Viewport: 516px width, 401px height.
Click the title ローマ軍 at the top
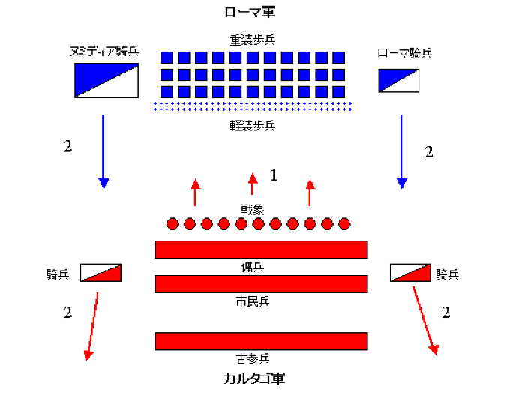pos(253,12)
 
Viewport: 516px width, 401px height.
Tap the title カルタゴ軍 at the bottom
pos(254,378)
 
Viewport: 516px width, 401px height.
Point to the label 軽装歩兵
pos(253,125)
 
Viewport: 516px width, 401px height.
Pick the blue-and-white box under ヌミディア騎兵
pos(106,80)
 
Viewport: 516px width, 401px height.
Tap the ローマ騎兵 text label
pos(406,53)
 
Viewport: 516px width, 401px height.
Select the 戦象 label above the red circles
pos(253,210)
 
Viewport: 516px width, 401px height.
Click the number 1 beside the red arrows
pos(274,175)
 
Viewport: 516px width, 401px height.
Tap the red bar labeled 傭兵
pos(261,250)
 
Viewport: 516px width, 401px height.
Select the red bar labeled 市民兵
pos(261,284)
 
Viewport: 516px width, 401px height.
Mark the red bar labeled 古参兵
pos(261,341)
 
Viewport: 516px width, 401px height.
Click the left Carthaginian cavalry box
pos(100,273)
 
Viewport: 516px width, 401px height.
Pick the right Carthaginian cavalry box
pos(410,273)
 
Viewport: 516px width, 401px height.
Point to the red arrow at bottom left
pos(92,325)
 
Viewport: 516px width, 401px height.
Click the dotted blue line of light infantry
pos(253,106)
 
